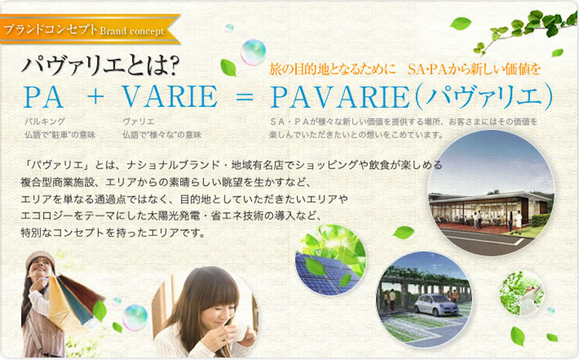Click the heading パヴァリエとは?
(x=100, y=66)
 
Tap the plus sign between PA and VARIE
(x=95, y=97)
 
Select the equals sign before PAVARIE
(x=244, y=97)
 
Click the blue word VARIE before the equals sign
(x=170, y=97)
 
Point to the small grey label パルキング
(x=44, y=121)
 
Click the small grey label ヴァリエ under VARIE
(x=138, y=121)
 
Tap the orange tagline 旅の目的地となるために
(x=332, y=69)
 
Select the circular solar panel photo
(x=331, y=260)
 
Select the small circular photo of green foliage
(x=522, y=293)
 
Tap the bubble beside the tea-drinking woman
(x=135, y=318)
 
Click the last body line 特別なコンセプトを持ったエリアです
(x=113, y=233)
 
